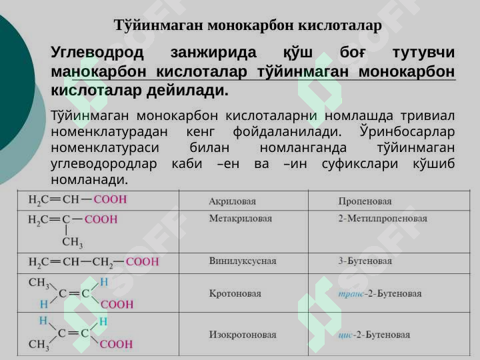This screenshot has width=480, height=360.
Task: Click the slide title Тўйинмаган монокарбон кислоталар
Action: (x=247, y=26)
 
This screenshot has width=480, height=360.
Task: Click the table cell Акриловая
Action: (x=232, y=201)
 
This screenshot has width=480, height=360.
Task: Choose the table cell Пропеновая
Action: (x=365, y=201)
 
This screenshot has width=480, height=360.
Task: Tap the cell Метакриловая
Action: (x=240, y=218)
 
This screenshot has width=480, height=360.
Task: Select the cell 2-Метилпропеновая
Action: (x=382, y=218)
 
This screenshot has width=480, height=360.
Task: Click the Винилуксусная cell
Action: (x=242, y=261)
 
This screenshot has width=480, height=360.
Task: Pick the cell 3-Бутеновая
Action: (x=365, y=261)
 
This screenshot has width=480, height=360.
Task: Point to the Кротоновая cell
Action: (x=235, y=293)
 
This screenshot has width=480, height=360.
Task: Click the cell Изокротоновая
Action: (x=242, y=334)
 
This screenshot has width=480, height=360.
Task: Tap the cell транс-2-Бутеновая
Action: (x=379, y=293)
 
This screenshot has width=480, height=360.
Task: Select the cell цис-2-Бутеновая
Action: (x=374, y=334)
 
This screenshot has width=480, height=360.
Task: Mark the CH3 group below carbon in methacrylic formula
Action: (x=72, y=241)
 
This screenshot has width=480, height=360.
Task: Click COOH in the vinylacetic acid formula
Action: (x=142, y=261)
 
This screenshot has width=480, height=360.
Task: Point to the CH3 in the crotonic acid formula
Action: (x=39, y=283)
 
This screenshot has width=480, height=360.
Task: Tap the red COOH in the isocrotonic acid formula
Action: (x=117, y=345)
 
